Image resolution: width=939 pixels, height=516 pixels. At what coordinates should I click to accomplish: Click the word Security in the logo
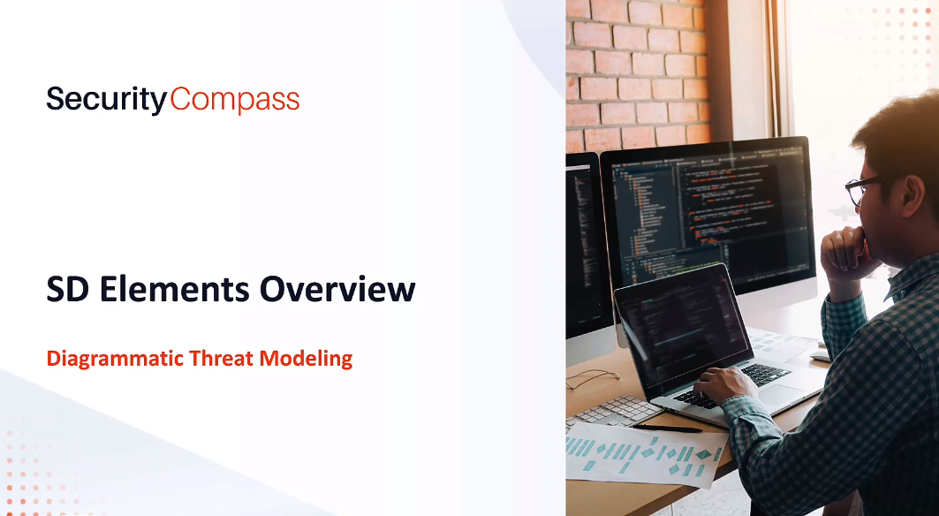pos(107,100)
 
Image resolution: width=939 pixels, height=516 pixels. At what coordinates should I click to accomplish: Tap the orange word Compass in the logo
pos(235,100)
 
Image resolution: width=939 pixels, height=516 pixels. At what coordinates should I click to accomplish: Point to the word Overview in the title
pos(337,290)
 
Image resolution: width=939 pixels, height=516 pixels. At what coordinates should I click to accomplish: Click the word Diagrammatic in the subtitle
pos(115,359)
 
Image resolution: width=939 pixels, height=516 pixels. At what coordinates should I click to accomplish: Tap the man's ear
pos(912,194)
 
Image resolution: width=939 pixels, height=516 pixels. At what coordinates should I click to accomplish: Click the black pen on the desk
pos(667,428)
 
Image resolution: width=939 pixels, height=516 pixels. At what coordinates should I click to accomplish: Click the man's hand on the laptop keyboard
pos(723,384)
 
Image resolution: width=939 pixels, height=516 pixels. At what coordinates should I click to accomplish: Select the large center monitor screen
pos(707,209)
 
